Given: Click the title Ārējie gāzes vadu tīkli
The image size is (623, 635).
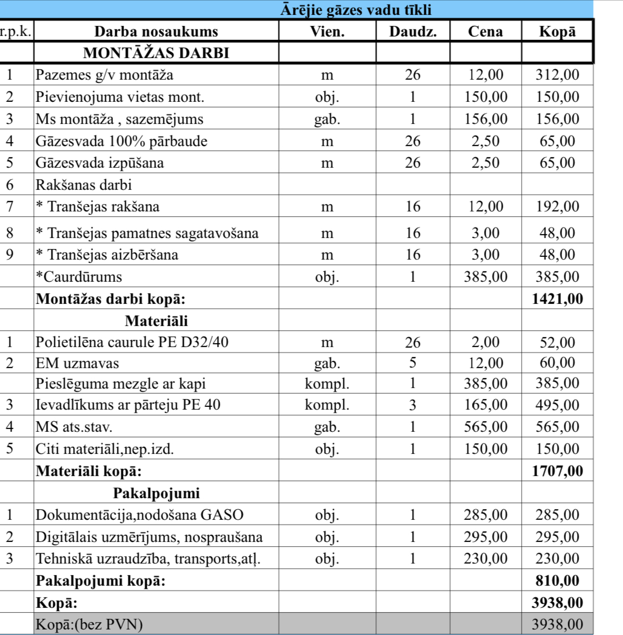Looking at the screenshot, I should pyautogui.click(x=355, y=10).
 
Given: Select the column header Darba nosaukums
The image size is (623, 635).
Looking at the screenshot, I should pyautogui.click(x=156, y=32).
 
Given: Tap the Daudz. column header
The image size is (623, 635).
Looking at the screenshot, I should pyautogui.click(x=413, y=32).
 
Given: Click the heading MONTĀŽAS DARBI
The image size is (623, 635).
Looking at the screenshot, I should pyautogui.click(x=156, y=53).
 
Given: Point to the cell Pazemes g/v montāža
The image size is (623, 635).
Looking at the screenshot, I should pyautogui.click(x=105, y=75).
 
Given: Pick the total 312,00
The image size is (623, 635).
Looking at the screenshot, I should pyautogui.click(x=557, y=75).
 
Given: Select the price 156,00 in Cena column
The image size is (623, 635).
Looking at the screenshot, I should pyautogui.click(x=486, y=119).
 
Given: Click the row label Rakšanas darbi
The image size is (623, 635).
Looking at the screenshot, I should pyautogui.click(x=84, y=185).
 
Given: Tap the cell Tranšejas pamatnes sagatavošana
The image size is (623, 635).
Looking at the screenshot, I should pyautogui.click(x=147, y=233).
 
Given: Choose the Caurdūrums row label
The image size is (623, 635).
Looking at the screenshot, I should pyautogui.click(x=79, y=277).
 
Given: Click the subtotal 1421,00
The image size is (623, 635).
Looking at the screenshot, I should pyautogui.click(x=557, y=299).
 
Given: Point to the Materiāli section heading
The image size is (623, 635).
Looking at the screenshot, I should pyautogui.click(x=156, y=321).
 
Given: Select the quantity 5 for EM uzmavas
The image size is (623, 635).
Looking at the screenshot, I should pyautogui.click(x=413, y=363).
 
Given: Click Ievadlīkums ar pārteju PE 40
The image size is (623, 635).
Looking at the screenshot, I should pyautogui.click(x=128, y=405).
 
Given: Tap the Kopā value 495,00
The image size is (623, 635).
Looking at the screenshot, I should pyautogui.click(x=557, y=405).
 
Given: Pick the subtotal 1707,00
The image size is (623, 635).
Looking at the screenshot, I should pyautogui.click(x=557, y=471).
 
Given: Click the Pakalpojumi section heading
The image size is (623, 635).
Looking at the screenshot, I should pyautogui.click(x=156, y=493).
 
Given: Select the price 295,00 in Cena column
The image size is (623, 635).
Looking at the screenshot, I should pyautogui.click(x=486, y=537).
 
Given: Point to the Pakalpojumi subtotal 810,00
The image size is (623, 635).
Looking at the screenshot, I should pyautogui.click(x=557, y=581).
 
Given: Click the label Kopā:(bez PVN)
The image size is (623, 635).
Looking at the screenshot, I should pyautogui.click(x=89, y=624).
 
